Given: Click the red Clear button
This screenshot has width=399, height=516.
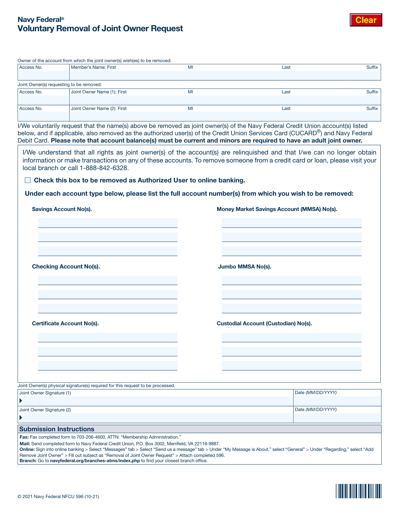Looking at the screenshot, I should coord(366,20).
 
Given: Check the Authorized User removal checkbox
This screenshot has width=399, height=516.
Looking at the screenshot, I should coord(28,180).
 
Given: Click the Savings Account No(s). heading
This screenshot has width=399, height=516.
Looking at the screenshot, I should coord(62,209).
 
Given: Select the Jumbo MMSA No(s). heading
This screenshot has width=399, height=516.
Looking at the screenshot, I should coord(244,266).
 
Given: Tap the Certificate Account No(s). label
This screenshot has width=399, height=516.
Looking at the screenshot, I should coord(65,323).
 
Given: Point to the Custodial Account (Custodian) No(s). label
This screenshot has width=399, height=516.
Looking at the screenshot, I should coord(264,323).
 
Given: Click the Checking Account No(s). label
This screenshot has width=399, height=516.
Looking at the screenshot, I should coord(66,266).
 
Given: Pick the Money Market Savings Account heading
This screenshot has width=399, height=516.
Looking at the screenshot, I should coord(277,209).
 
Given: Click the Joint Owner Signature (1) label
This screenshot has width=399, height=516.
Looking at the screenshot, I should coord(45,393).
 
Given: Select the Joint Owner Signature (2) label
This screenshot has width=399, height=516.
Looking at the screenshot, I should coord(45,410).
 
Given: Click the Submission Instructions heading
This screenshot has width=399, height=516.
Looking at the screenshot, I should coord(57,429).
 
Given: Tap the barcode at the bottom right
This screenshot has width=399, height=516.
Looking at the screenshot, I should coord(358,491).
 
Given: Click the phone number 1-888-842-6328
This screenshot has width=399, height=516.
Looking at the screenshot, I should coord(104,168).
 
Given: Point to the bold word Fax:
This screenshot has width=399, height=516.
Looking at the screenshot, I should coord(24,437).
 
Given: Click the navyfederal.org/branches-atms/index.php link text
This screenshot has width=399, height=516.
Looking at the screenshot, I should coord(95,461).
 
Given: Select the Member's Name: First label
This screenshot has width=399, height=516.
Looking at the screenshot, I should coord(93,67).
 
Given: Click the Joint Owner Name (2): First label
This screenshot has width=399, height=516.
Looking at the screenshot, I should coord(99,108).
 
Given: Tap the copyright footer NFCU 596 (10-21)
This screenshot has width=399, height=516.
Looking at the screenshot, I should coord(58,496).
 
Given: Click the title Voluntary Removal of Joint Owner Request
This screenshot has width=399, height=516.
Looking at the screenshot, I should coord(100,28).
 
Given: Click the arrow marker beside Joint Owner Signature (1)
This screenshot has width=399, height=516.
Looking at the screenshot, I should coord(21,401).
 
